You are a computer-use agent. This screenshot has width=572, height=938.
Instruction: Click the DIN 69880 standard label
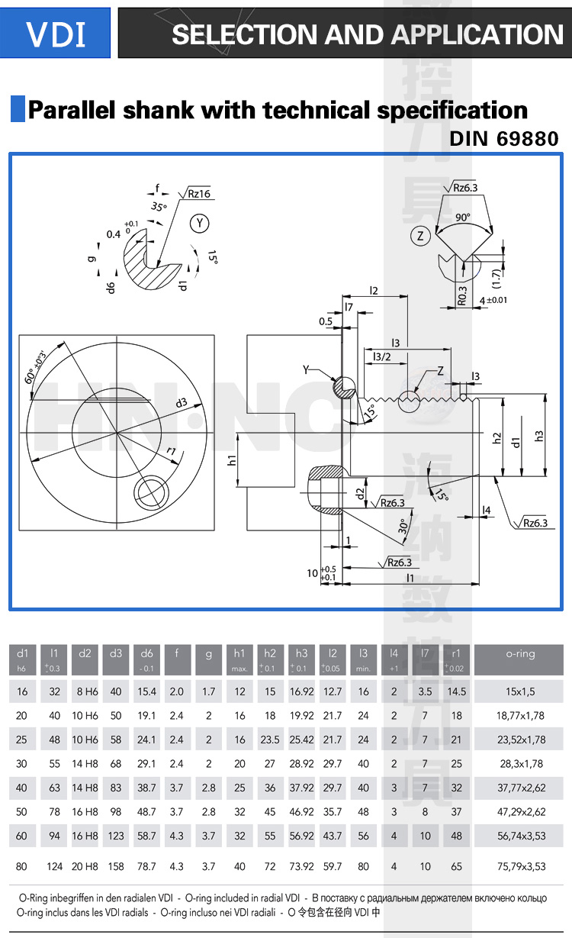pyautogui.click(x=503, y=139)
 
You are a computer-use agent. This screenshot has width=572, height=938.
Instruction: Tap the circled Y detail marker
pyautogui.click(x=200, y=223)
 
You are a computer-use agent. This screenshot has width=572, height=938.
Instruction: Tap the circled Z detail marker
pyautogui.click(x=419, y=237)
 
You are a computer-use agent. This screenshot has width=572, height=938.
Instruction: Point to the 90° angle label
pyautogui.click(x=463, y=217)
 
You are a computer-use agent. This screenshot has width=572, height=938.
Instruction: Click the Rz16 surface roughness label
pyautogui.click(x=199, y=195)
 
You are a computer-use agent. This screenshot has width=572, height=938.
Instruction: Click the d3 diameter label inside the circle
pyautogui.click(x=181, y=402)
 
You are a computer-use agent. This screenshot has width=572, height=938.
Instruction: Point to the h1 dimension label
pyautogui.click(x=232, y=460)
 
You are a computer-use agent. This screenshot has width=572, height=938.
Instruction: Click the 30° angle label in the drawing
pyautogui.click(x=402, y=526)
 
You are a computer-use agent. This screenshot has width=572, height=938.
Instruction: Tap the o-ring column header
pyautogui.click(x=520, y=653)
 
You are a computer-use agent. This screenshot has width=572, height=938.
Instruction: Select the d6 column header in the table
pyautogui.click(x=146, y=653)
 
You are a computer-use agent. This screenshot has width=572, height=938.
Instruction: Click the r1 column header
pyautogui.click(x=456, y=653)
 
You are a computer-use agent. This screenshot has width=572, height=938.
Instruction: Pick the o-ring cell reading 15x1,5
pyautogui.click(x=520, y=691)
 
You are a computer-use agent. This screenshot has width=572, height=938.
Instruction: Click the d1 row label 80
pyautogui.click(x=21, y=866)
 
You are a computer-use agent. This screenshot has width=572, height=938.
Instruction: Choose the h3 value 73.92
pyautogui.click(x=301, y=866)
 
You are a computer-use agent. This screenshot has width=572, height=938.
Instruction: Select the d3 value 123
pyautogui.click(x=116, y=836)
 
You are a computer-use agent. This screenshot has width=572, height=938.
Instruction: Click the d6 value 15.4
pyautogui.click(x=146, y=691)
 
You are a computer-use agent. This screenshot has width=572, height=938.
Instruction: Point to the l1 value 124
pyautogui.click(x=54, y=866)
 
